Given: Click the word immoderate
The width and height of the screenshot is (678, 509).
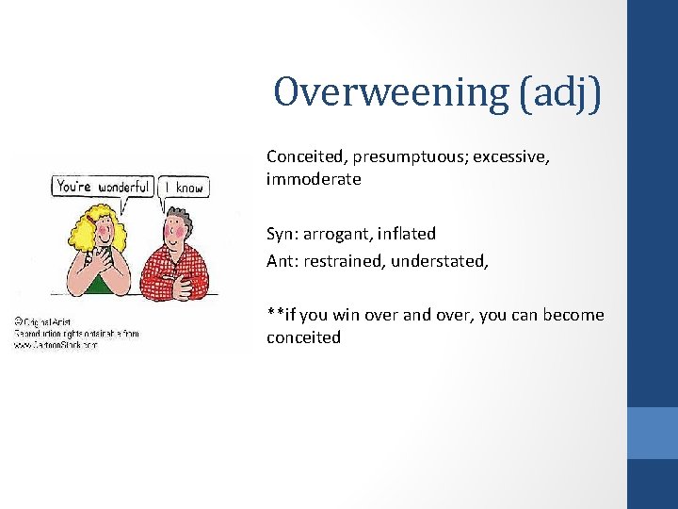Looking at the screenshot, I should tap(314, 179).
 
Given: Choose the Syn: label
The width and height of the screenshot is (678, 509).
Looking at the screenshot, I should tap(283, 233).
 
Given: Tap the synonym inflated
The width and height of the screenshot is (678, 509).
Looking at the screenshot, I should tap(408, 233).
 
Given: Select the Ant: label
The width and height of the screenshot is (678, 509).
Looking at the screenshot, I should tap(282, 261).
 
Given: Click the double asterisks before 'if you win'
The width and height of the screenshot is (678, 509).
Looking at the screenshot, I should tap(275, 313).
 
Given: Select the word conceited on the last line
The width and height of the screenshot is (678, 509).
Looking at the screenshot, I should tap(303, 337).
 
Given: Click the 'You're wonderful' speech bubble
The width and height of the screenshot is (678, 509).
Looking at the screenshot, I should tap(103, 187).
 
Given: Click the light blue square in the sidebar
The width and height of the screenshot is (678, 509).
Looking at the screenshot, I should tap(653, 433).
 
